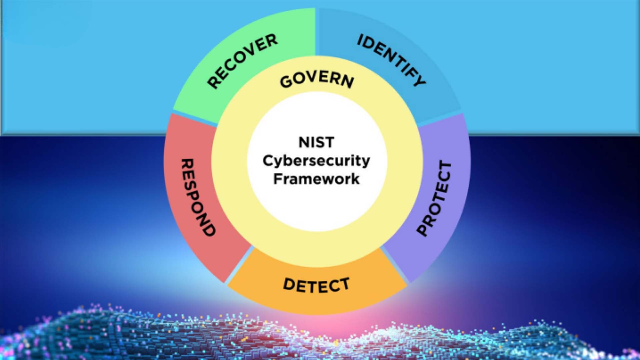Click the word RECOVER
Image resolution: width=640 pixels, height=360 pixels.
point(242,61)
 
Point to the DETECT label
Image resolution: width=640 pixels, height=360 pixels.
point(316,285)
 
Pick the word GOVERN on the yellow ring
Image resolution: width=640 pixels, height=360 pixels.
point(317,80)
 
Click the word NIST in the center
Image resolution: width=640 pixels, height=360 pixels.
point(316,142)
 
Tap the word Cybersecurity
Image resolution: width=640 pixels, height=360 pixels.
point(316,161)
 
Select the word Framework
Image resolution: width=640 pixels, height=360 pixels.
point(316,179)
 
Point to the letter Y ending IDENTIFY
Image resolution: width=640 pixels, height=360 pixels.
point(419,80)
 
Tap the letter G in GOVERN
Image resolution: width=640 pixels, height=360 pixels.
point(286,82)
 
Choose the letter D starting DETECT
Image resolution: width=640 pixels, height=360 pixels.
point(290,284)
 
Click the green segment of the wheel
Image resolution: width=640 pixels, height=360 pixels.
point(213,100)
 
